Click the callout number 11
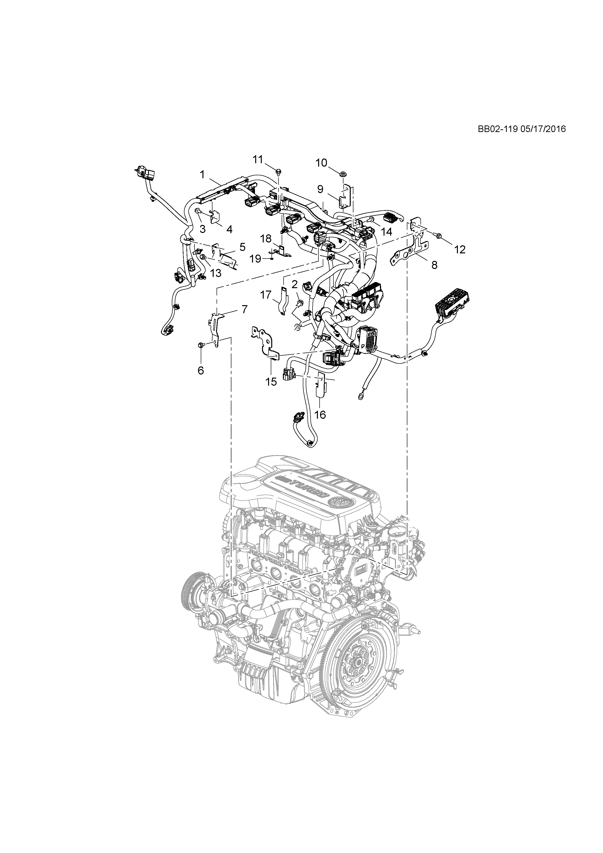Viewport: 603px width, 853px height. [258, 159]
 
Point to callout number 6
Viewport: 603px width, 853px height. [201, 370]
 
